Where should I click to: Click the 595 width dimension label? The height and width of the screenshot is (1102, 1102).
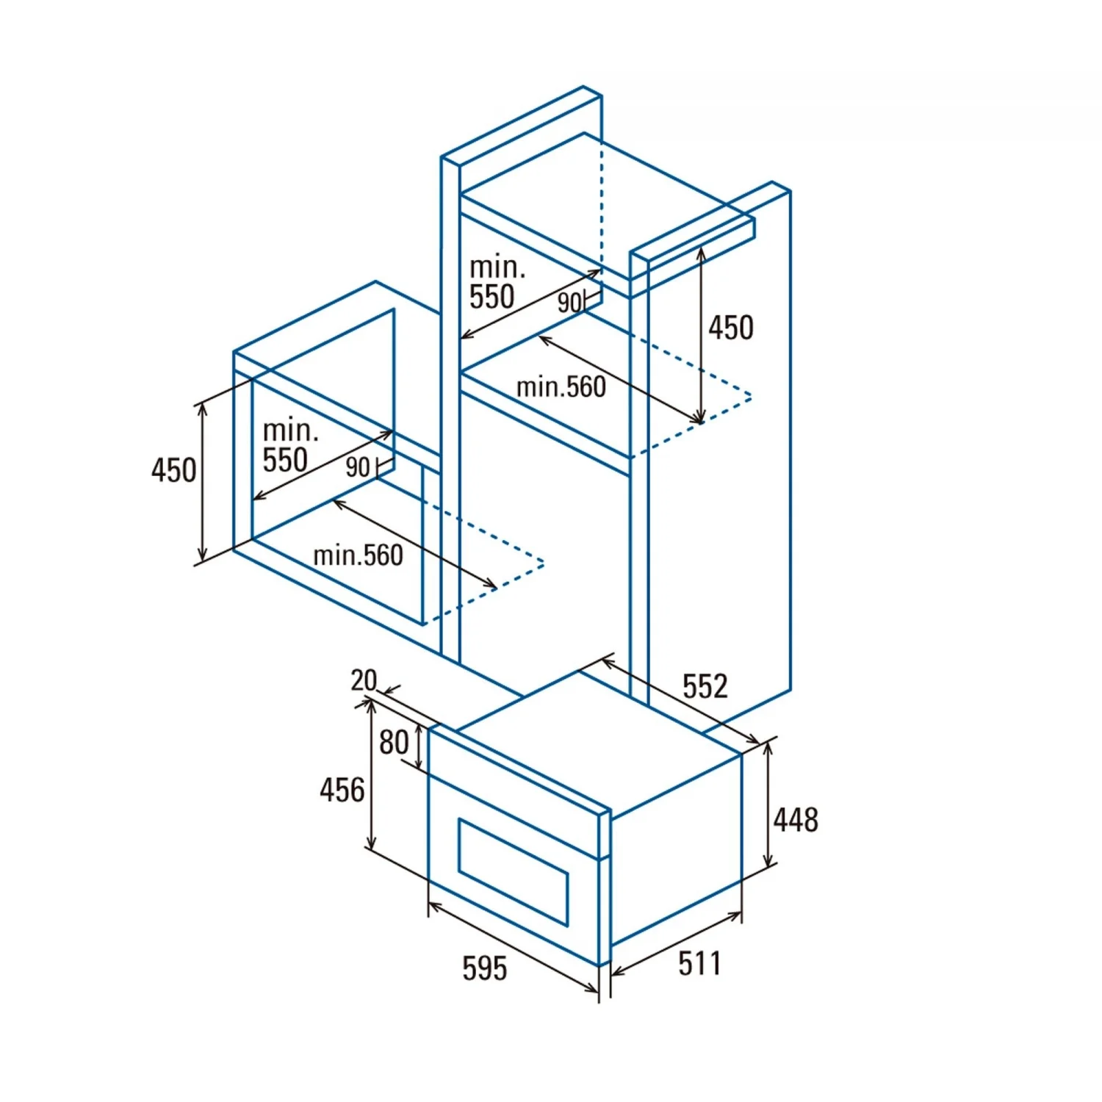(485, 968)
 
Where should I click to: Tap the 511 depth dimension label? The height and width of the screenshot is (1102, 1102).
(699, 963)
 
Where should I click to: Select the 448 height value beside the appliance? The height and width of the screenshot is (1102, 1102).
(796, 819)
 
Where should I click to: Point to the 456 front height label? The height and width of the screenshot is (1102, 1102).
(342, 790)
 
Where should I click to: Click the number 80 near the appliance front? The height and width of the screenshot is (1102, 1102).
(394, 743)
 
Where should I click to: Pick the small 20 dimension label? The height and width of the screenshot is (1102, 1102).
(364, 680)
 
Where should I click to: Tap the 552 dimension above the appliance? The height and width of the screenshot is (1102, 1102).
(705, 686)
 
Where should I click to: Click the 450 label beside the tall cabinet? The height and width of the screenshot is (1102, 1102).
(731, 328)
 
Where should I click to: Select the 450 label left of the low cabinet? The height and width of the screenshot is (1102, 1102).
(174, 470)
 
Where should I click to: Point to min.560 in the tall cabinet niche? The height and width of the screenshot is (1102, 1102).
(561, 387)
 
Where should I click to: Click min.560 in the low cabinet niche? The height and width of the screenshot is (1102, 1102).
(359, 555)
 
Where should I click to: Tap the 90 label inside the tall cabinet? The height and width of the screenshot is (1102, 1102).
(569, 303)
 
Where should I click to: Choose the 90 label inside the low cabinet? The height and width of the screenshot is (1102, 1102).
(358, 467)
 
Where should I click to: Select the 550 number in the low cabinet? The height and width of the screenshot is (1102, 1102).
(285, 461)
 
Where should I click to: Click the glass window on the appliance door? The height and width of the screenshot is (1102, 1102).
(513, 871)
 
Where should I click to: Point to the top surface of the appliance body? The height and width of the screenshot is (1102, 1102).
(599, 742)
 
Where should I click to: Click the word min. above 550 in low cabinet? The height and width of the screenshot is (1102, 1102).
(290, 430)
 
